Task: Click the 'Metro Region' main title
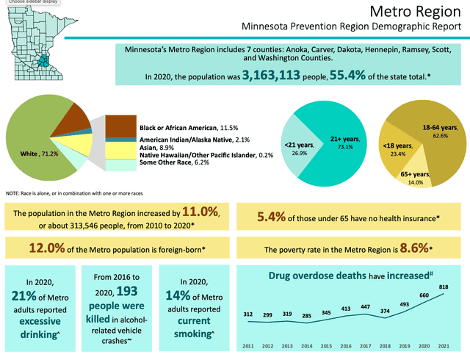click(x=416, y=12)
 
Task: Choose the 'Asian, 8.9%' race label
click(x=156, y=148)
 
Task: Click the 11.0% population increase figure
click(x=200, y=213)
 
